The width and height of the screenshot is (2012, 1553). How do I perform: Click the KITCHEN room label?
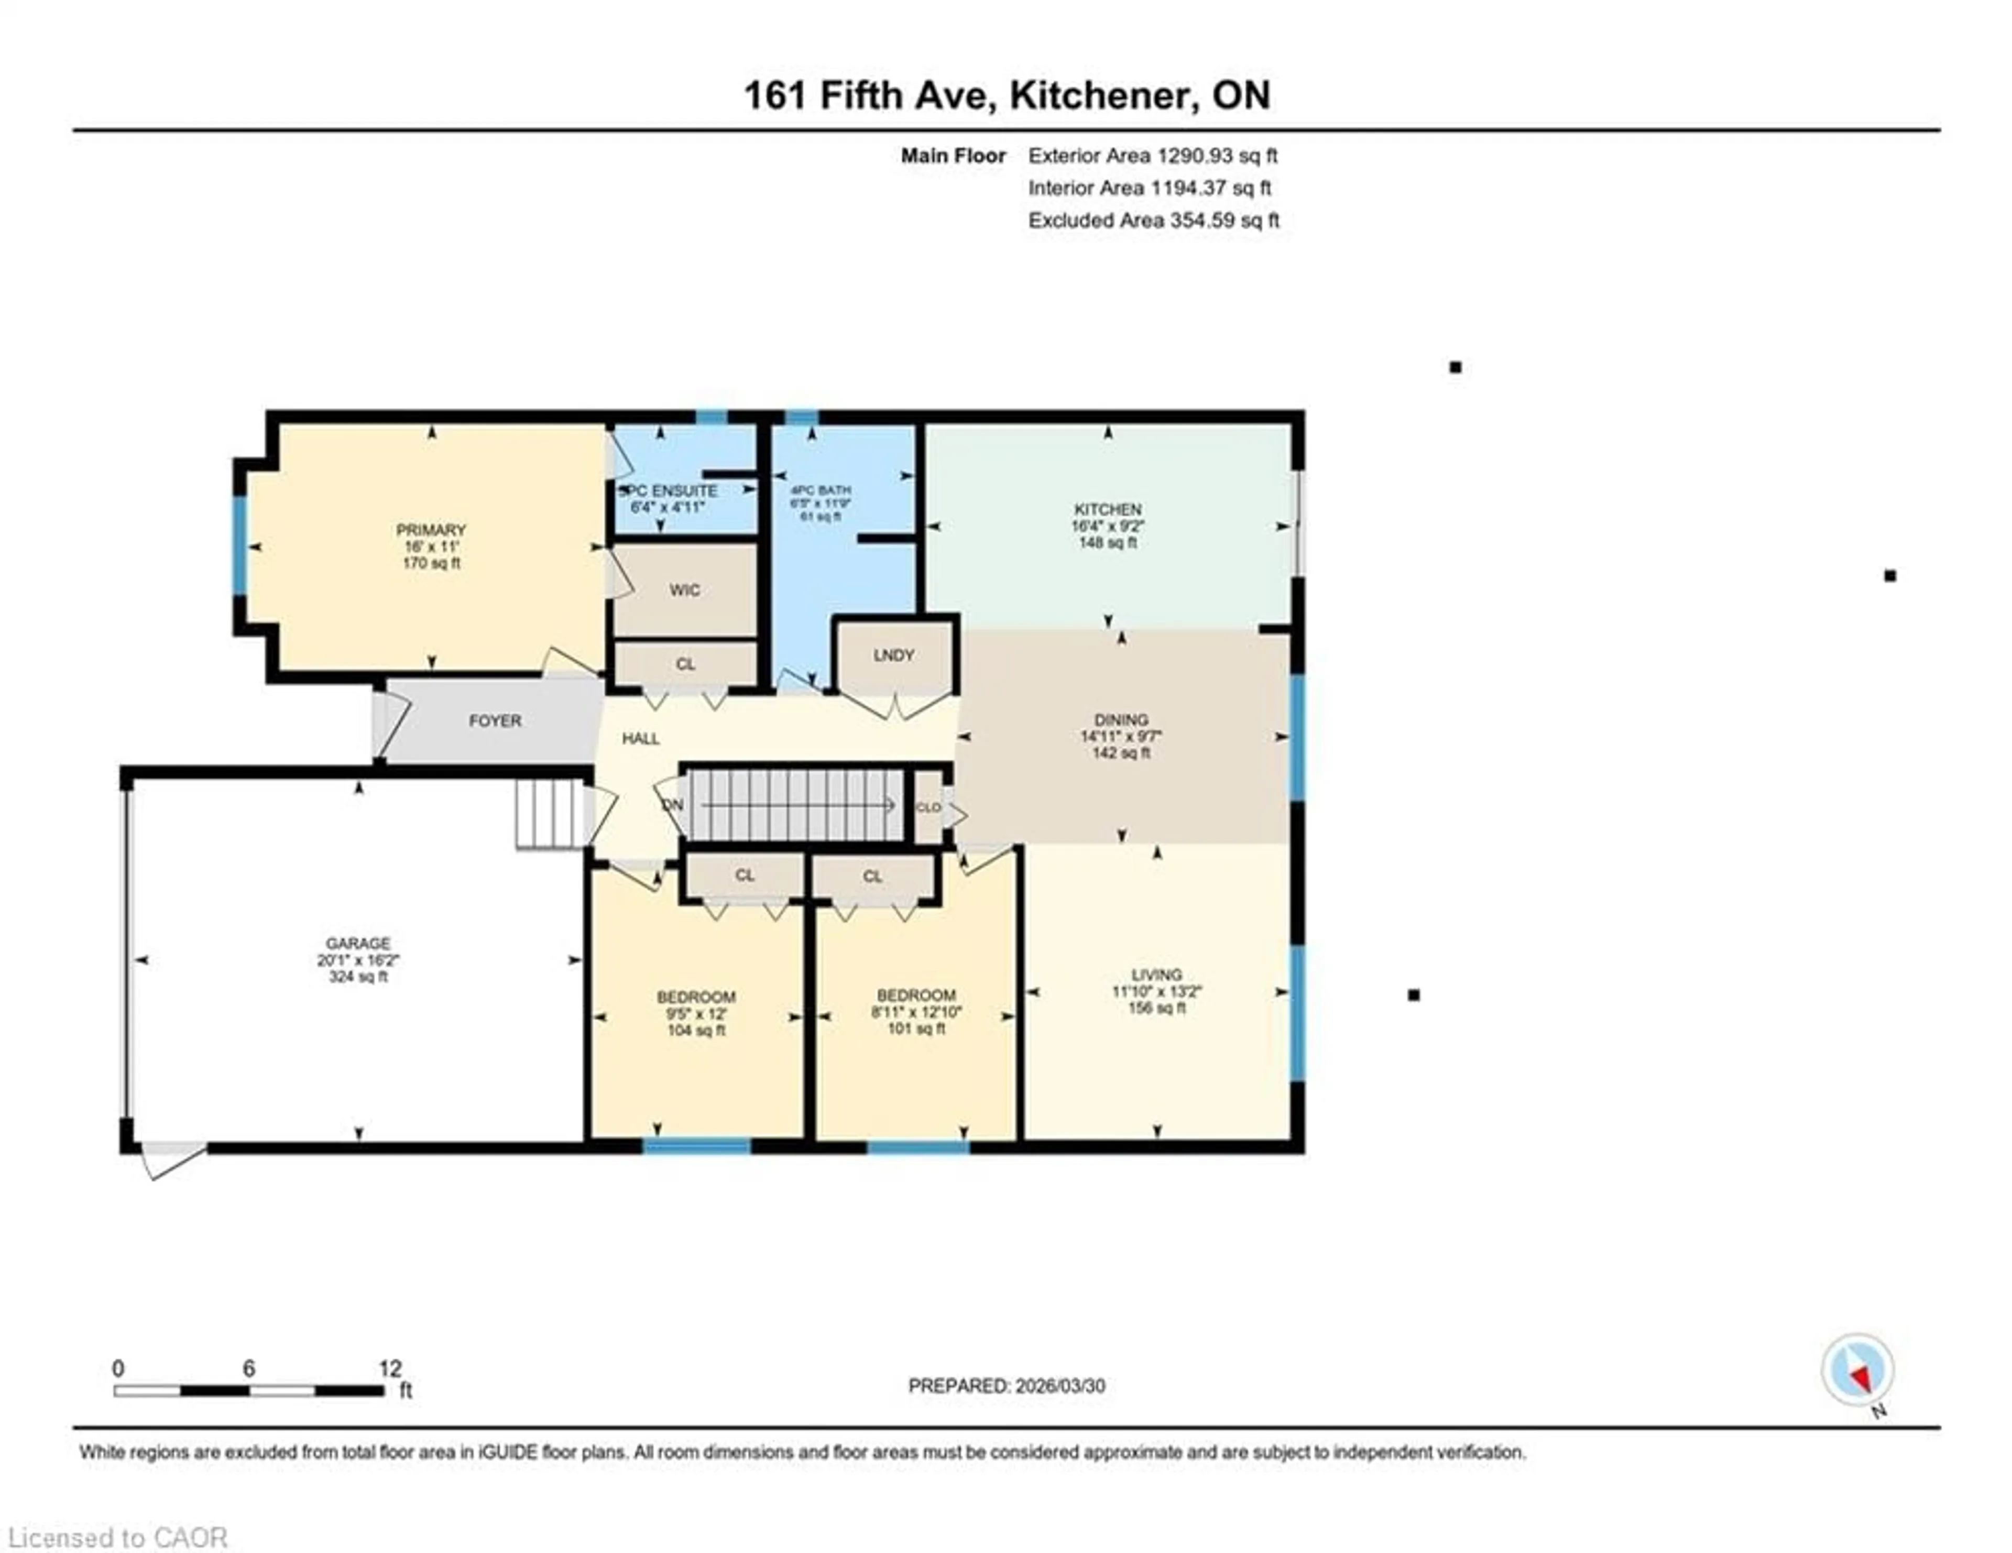(x=1107, y=508)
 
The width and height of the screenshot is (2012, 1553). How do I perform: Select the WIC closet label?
(x=684, y=589)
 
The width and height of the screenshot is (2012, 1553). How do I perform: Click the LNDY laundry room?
(x=893, y=655)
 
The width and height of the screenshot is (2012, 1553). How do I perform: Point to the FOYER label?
(x=495, y=720)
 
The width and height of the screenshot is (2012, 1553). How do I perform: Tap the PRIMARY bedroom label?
(x=430, y=530)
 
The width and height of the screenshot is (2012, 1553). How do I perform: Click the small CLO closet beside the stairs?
(x=928, y=807)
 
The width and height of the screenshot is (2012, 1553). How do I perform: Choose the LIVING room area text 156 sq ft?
(x=1156, y=1008)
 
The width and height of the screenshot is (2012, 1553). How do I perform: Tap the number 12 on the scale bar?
(x=390, y=1368)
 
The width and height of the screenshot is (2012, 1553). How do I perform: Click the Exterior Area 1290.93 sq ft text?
(x=1153, y=156)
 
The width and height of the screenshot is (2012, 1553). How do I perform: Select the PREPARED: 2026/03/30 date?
(x=1006, y=1385)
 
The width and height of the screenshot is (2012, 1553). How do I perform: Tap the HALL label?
(x=640, y=738)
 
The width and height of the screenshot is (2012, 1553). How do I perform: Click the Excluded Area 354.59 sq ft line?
(x=1153, y=220)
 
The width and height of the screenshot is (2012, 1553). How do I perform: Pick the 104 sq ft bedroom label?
(x=695, y=1030)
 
